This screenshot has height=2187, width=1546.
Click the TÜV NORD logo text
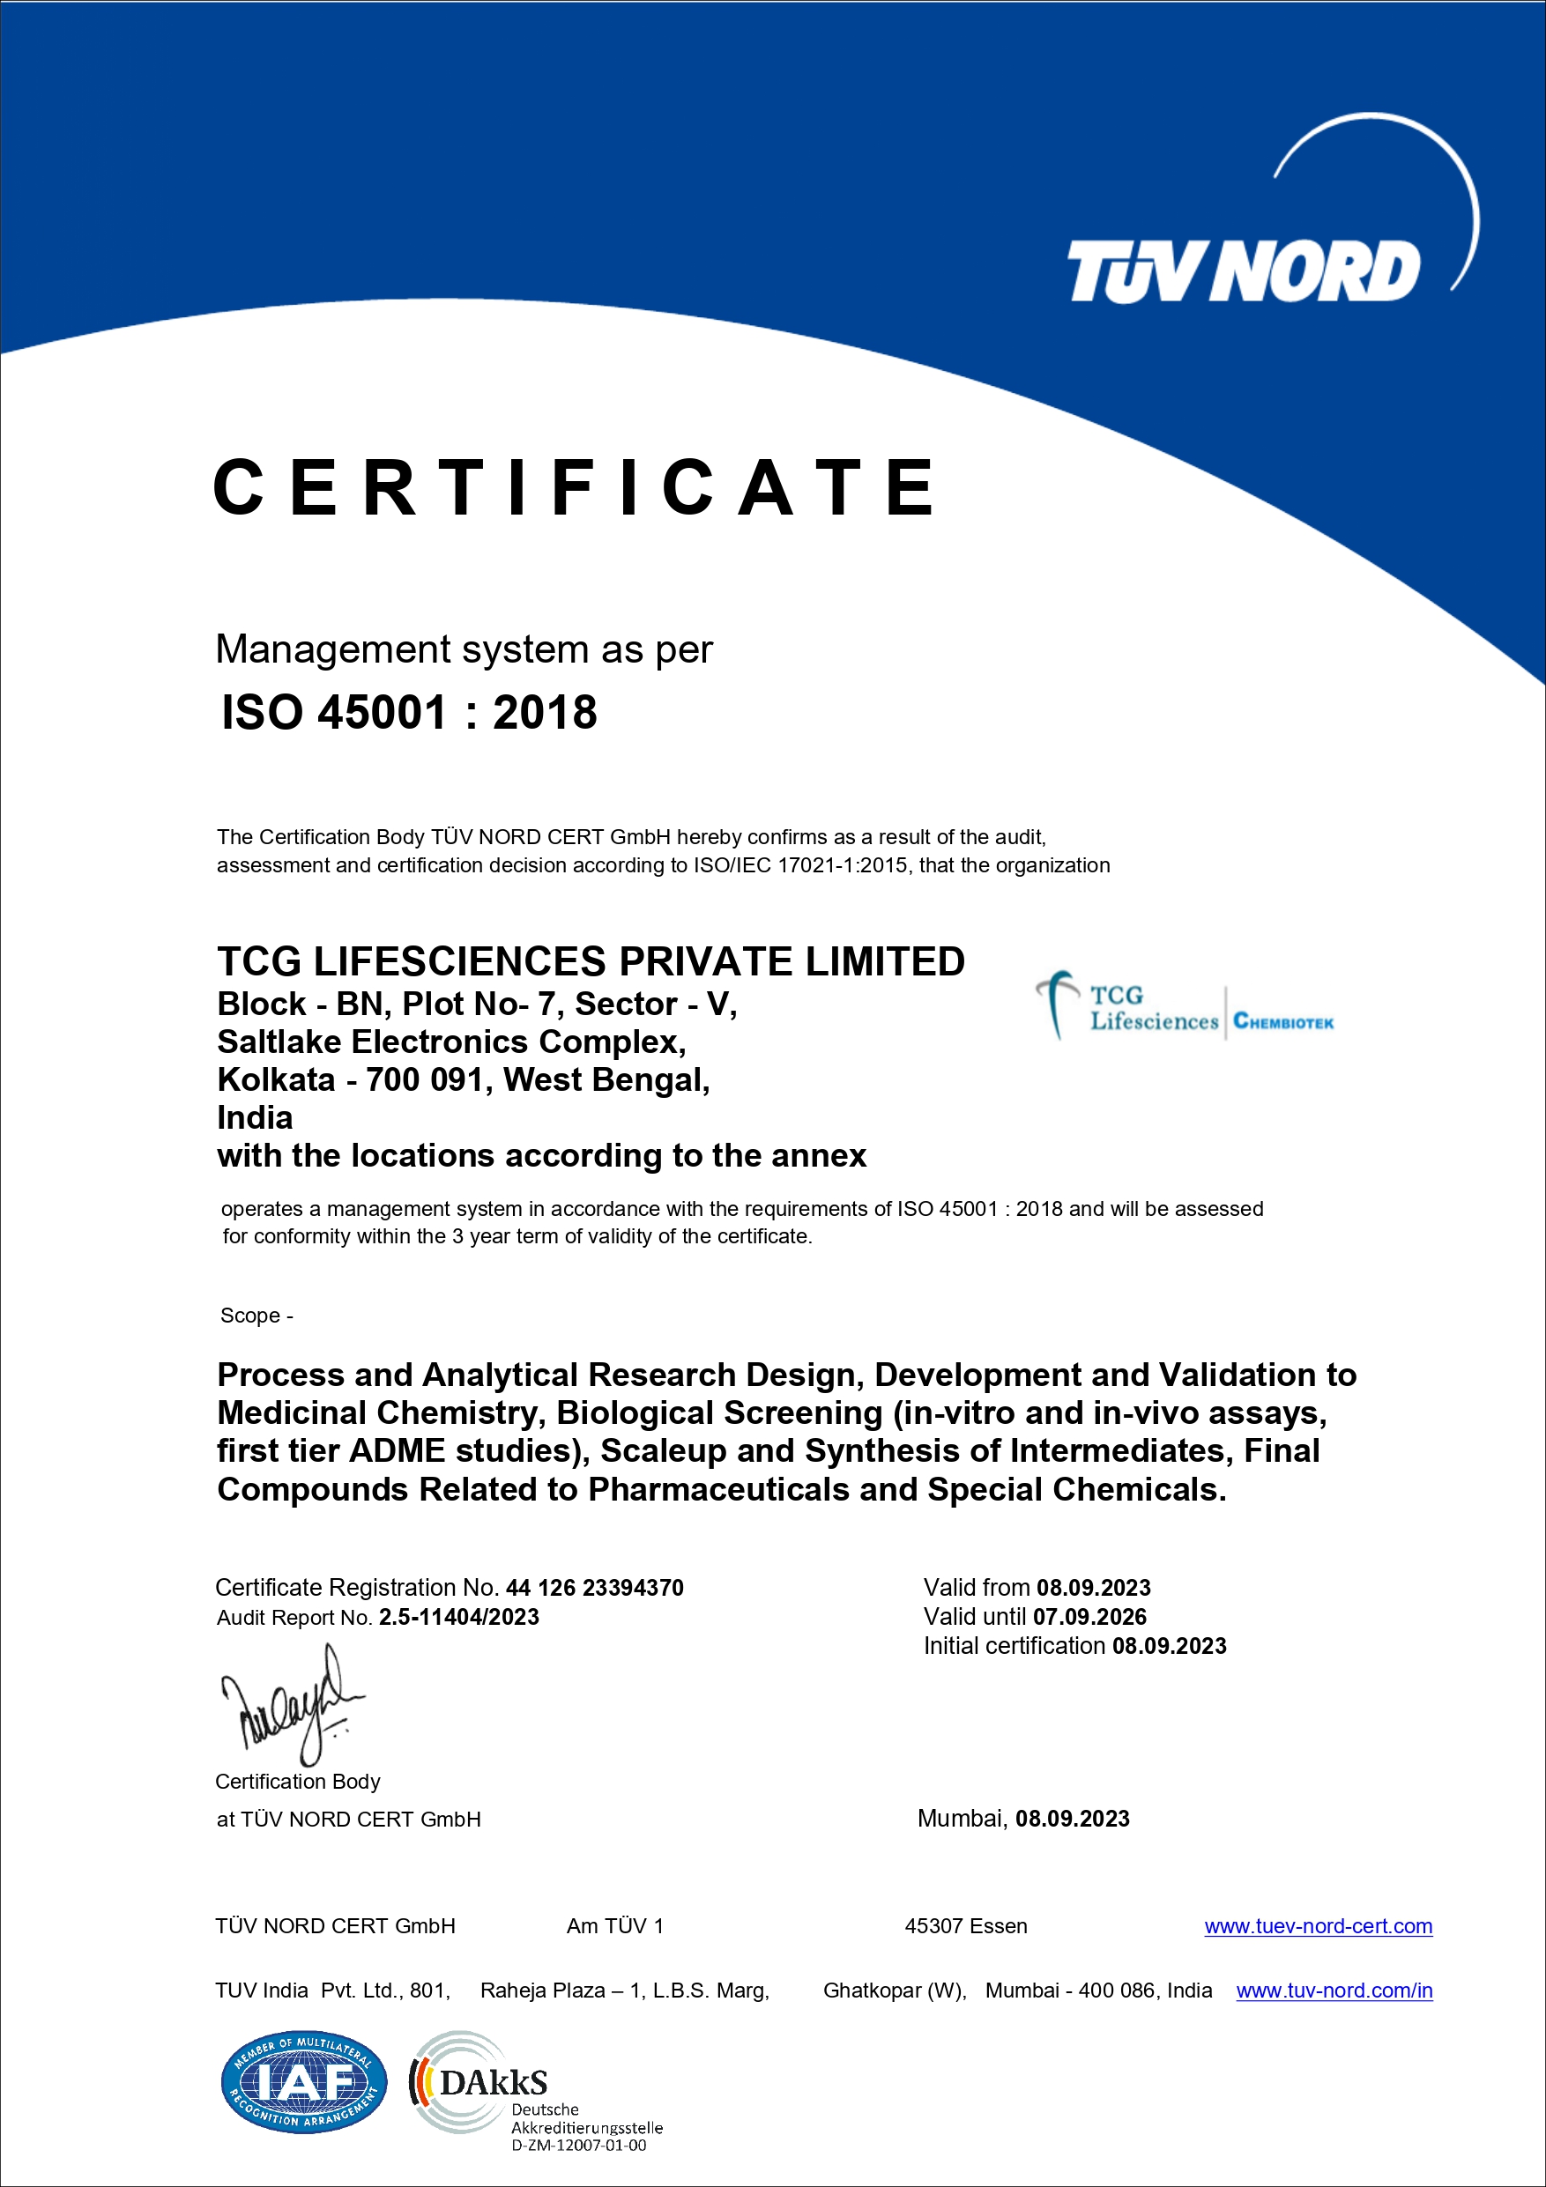click(1242, 271)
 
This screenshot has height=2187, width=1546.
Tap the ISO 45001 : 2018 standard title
click(409, 713)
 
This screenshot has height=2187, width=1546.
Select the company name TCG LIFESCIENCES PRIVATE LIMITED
click(591, 961)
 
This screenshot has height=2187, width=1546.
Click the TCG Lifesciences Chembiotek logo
click(1184, 1008)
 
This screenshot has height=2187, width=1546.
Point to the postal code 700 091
click(425, 1080)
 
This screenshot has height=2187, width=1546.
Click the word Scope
click(249, 1316)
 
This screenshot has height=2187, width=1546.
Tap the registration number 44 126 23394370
click(594, 1588)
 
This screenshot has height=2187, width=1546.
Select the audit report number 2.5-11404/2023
click(459, 1618)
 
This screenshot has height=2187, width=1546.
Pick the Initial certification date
click(1169, 1646)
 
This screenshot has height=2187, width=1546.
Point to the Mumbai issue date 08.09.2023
click(1072, 1820)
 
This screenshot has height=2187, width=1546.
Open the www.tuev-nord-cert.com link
click(1318, 1926)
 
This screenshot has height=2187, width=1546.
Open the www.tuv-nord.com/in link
click(1334, 1991)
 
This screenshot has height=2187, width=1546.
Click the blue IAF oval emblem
click(304, 2082)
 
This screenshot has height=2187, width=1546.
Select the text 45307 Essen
click(965, 1926)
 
